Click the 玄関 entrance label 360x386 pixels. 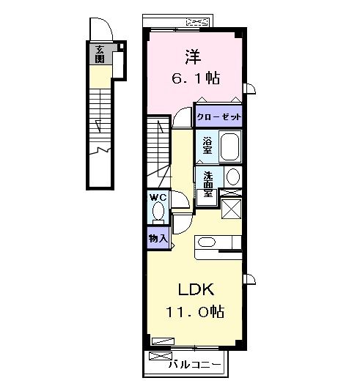click(x=98, y=56)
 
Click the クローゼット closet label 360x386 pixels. click(x=218, y=116)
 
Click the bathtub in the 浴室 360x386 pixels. click(x=229, y=146)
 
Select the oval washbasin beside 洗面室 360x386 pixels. click(x=232, y=177)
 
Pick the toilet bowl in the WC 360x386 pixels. click(x=157, y=212)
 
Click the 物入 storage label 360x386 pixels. click(x=157, y=238)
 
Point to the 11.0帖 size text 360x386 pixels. click(x=194, y=312)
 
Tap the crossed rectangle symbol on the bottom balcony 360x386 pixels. click(x=158, y=357)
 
